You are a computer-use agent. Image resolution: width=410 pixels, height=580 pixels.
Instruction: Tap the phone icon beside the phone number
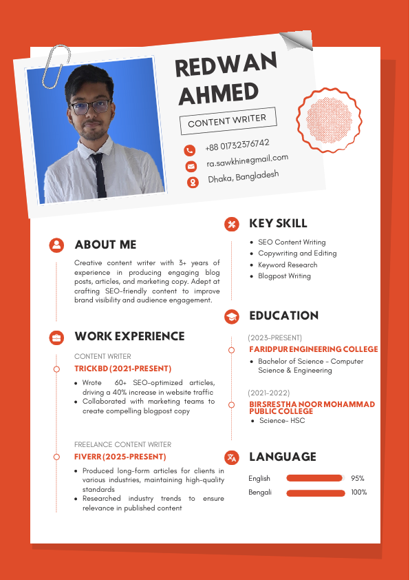point(189,150)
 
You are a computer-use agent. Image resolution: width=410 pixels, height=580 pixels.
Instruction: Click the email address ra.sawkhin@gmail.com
point(247,160)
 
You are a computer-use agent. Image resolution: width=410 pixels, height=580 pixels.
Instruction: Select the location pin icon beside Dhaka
point(193,182)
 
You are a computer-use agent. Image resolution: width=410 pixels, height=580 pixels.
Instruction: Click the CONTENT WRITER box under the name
point(227,121)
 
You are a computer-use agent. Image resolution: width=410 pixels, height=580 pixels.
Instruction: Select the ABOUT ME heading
point(105,245)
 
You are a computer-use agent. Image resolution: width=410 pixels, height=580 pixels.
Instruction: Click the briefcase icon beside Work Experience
point(56,337)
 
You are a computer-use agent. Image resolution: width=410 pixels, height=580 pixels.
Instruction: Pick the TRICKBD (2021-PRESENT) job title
point(122,369)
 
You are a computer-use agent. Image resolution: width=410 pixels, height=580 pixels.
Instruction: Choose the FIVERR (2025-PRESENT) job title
point(120,457)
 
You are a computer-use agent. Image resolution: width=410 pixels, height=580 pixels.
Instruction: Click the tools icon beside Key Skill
point(232,223)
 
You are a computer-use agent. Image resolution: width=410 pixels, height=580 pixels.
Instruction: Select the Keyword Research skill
point(288,265)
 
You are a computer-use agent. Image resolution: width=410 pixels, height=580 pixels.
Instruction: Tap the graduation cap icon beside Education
point(232,316)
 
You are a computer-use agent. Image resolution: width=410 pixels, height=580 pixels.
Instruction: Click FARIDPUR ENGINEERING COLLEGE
point(313,349)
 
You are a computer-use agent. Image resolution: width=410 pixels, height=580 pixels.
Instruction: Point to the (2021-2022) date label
point(269,393)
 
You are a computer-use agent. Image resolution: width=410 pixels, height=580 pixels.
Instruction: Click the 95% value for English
point(358,478)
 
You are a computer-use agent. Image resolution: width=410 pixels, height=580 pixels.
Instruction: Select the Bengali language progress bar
point(315,493)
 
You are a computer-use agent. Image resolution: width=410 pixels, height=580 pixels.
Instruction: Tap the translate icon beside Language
point(232,457)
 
